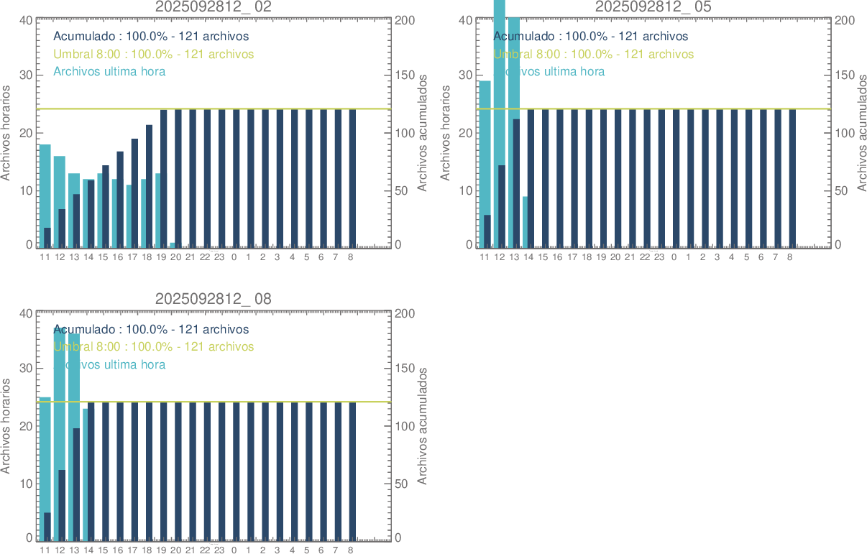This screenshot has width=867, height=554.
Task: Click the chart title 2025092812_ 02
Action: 214,6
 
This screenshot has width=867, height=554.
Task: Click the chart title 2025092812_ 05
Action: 653,6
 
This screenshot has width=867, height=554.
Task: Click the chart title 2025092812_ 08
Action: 214,299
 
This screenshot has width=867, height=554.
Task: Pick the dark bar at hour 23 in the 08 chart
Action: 221,471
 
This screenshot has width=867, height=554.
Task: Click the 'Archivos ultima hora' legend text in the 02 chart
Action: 109,71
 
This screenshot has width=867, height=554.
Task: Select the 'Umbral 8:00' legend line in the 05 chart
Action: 594,54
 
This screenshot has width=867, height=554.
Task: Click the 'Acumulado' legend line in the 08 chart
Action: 151,329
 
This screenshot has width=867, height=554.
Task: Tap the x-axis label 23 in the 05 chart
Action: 659,257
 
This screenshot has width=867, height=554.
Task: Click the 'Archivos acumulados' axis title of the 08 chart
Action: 422,426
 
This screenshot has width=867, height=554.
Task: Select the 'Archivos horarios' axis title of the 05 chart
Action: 446,133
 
